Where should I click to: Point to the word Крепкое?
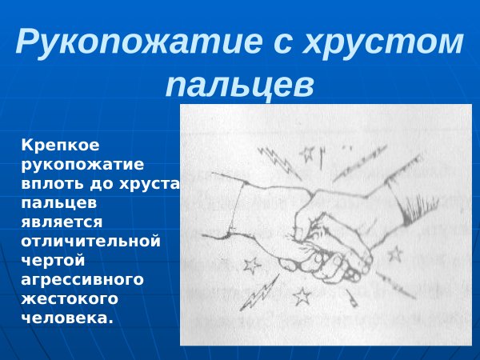coord(60,147)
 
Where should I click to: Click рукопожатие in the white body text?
coord(82,166)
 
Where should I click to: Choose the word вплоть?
coord(51,185)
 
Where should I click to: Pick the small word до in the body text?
coord(102,185)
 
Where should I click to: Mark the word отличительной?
coord(91,242)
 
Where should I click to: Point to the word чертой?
coord(52,260)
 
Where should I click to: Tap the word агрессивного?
coord(82,279)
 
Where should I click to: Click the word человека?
coord(67,317)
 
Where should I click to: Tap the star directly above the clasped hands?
coord(307,153)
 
